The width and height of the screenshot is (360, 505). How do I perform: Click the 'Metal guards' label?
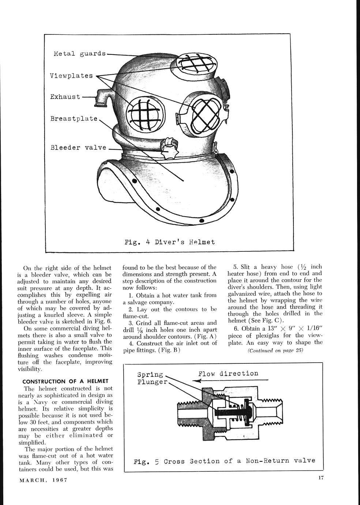(x=79, y=54)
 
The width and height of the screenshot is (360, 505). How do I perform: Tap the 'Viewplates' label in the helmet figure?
(x=71, y=76)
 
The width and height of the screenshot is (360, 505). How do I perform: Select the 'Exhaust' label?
(x=65, y=97)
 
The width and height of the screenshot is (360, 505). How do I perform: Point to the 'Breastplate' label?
(x=74, y=119)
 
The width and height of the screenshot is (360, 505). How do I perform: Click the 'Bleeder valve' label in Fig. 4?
(x=78, y=148)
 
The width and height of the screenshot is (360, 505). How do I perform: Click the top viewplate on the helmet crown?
(x=196, y=63)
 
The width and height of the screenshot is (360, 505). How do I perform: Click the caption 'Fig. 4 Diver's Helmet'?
(x=169, y=242)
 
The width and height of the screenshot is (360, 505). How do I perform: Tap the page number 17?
(x=321, y=477)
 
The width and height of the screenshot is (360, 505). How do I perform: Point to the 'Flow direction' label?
(x=228, y=374)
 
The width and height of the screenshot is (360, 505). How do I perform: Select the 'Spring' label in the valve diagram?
(x=150, y=375)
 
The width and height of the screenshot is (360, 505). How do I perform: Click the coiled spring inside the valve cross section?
(x=241, y=412)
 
